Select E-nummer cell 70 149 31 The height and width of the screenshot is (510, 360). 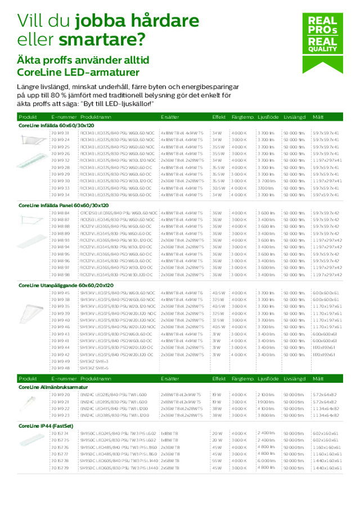tap(60, 132)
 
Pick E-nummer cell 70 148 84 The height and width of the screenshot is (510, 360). tap(60, 213)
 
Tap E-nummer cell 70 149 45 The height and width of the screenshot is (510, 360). tap(60, 293)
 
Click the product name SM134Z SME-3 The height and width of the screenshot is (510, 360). tap(93, 361)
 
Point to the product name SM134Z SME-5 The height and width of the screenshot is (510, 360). tap(93, 368)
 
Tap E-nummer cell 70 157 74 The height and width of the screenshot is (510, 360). tap(60, 433)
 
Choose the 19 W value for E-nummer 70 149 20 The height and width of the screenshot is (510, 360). tap(217, 395)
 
